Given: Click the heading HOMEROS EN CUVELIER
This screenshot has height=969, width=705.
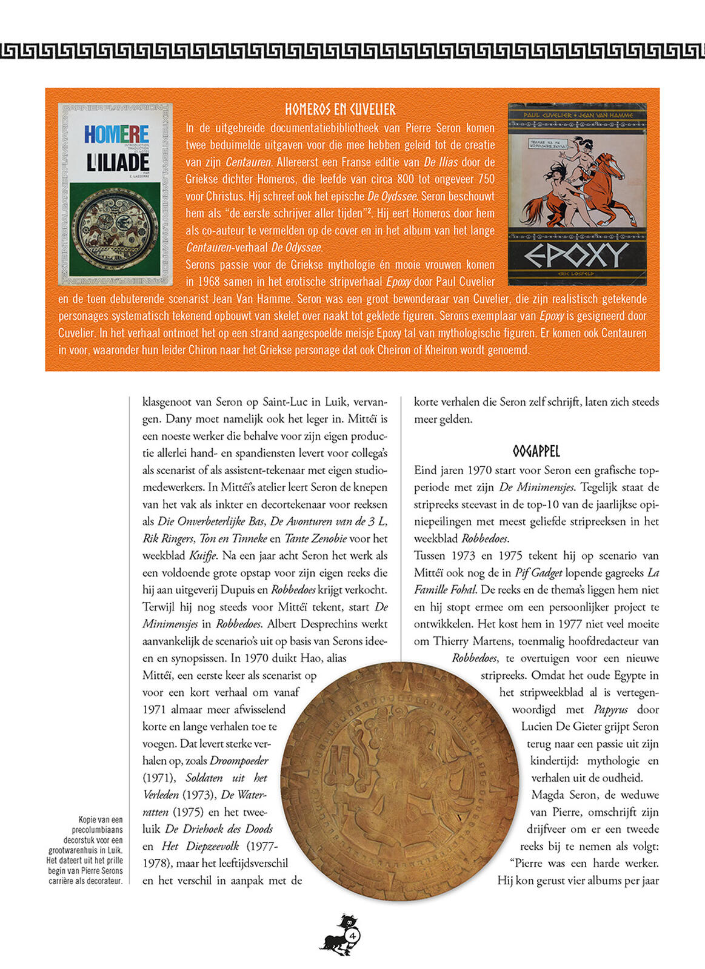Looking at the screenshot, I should pos(340,110).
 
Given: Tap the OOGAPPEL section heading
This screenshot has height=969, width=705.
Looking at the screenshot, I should pos(536,451).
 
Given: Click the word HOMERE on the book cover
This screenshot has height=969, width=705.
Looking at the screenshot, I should pos(116,134).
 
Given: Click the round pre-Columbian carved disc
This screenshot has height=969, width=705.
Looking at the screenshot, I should pos(407,781).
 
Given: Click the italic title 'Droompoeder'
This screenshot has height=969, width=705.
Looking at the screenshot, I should pos(238,761).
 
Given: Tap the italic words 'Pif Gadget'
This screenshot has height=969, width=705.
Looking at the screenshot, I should pos(538,572).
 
